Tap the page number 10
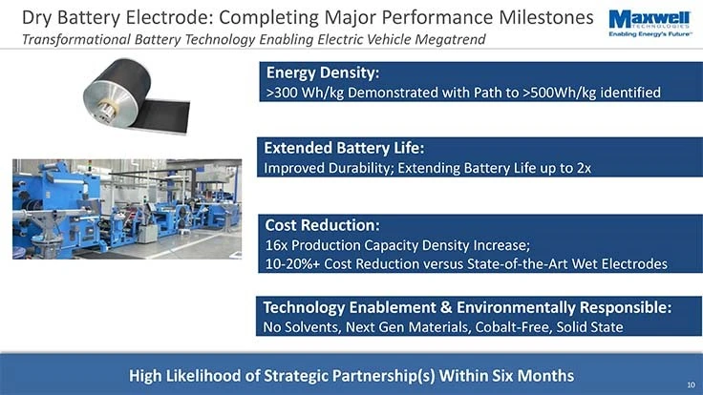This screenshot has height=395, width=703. point(690,385)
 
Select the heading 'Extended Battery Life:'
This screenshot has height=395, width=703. point(343,149)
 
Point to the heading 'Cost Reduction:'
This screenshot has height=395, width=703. point(322,226)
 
